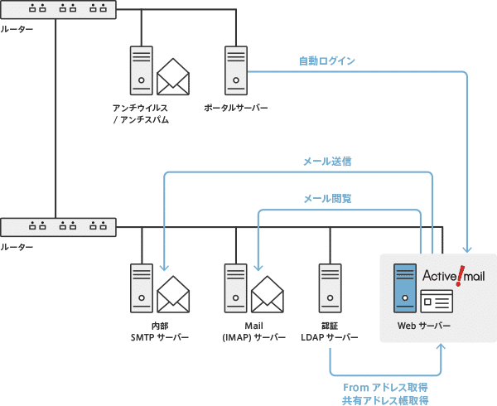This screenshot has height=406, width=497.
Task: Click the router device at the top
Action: coord(58,11)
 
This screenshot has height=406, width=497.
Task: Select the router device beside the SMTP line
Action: coord(58,226)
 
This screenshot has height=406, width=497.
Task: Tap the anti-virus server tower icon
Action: coord(141,70)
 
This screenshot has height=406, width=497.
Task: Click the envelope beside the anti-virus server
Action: coord(174,76)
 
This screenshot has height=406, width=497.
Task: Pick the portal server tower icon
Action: coord(236,70)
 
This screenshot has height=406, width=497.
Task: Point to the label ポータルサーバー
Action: coord(236,108)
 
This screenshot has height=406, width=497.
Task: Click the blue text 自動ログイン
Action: coord(327,60)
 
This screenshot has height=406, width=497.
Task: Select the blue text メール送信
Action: coord(327,162)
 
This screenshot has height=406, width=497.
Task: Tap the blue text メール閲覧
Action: coord(327,199)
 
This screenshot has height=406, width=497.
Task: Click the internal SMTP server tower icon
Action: coord(142,287)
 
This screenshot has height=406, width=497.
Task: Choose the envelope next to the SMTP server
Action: coord(174,292)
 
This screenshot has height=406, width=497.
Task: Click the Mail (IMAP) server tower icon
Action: coord(236,287)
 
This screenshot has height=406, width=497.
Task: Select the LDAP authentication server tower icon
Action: coord(330,287)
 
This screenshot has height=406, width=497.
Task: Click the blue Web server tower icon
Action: coord(405,287)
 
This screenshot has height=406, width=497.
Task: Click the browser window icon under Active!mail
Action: coord(437,299)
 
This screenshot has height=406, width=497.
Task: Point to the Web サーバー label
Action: coord(424,326)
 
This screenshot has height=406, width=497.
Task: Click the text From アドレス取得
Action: coord(385,387)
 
